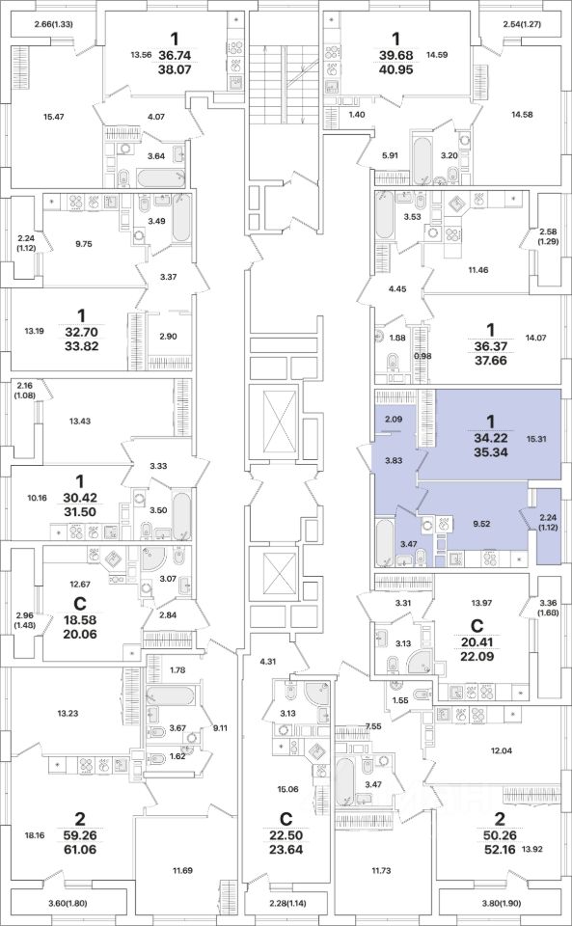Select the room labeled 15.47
(x=53, y=117)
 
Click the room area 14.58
(x=522, y=115)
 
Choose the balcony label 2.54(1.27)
(x=522, y=24)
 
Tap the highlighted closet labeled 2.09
(x=394, y=420)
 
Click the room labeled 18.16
(x=35, y=835)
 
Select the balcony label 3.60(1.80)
(x=68, y=903)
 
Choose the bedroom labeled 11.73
(x=384, y=870)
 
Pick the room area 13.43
(x=80, y=422)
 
